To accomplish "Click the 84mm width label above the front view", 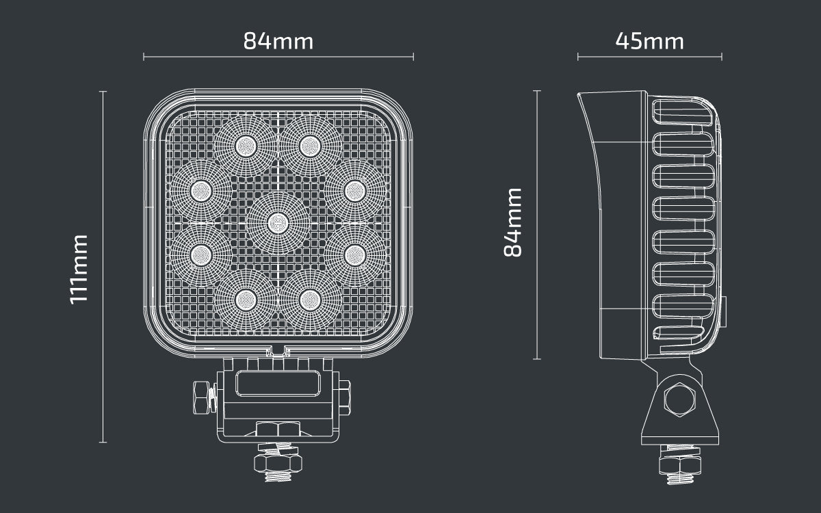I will pyautogui.click(x=278, y=41).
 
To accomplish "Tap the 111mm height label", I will pyautogui.click(x=80, y=267).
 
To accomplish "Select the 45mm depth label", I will pyautogui.click(x=649, y=41).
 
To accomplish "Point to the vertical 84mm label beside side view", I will pyautogui.click(x=513, y=222).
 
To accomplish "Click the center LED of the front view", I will pyautogui.click(x=277, y=222).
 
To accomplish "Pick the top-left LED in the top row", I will pyautogui.click(x=245, y=145).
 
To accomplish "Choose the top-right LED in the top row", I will pyautogui.click(x=309, y=145).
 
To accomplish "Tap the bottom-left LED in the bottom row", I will pyautogui.click(x=245, y=298).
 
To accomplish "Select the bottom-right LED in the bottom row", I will pyautogui.click(x=309, y=298).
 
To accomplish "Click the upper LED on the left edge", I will pyautogui.click(x=200, y=190).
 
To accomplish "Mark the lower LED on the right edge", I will pyautogui.click(x=354, y=254).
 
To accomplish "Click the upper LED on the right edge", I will pyautogui.click(x=354, y=190).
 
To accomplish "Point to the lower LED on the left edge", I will pyautogui.click(x=200, y=254).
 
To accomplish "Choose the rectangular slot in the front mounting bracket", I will pyautogui.click(x=277, y=383).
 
